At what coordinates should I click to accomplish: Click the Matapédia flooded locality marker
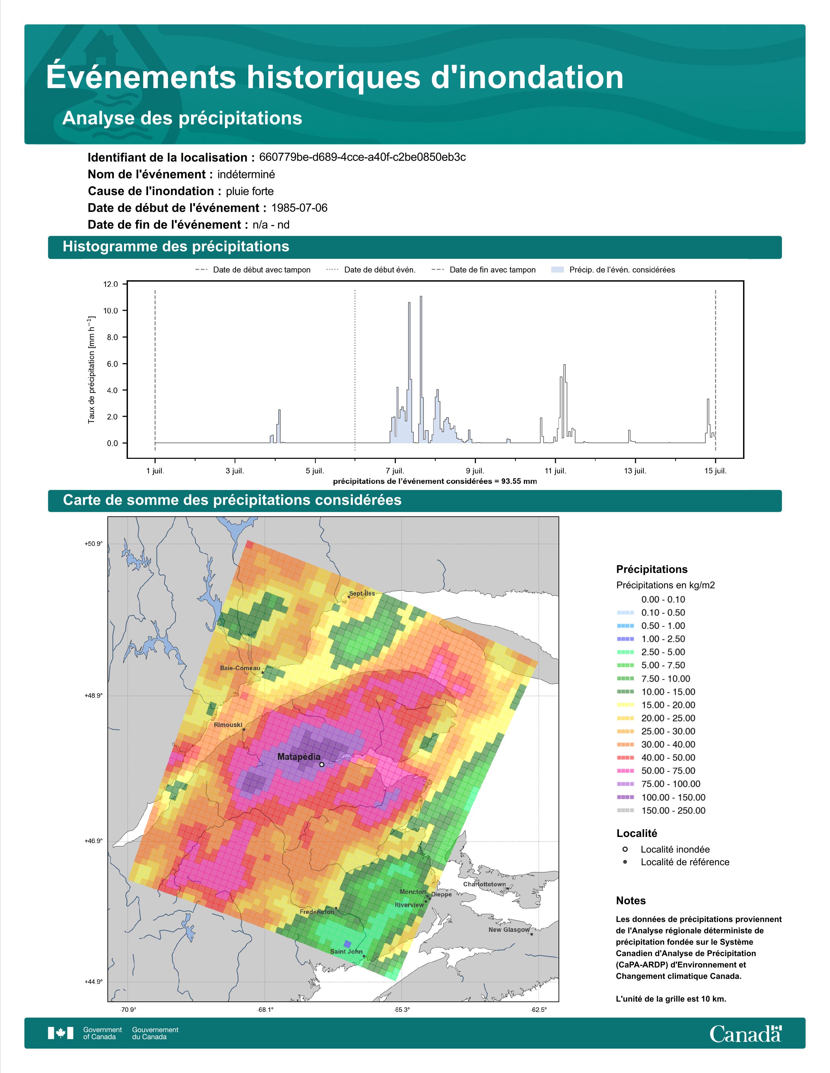coord(322,764)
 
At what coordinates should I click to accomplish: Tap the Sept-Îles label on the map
coord(362,593)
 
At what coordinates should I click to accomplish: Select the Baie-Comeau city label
coord(240,668)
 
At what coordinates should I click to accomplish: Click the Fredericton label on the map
coord(317,912)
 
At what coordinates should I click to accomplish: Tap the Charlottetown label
coord(484,884)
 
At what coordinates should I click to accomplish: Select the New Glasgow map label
coord(509,930)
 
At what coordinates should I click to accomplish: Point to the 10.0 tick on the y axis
coord(111,311)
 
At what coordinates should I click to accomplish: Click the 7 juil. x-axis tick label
coord(394,471)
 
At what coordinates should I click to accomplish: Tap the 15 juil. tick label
coord(715,471)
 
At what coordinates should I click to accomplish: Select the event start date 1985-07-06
coord(299,208)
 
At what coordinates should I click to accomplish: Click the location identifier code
coord(362,157)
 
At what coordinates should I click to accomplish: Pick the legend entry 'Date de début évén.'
coord(371,270)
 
